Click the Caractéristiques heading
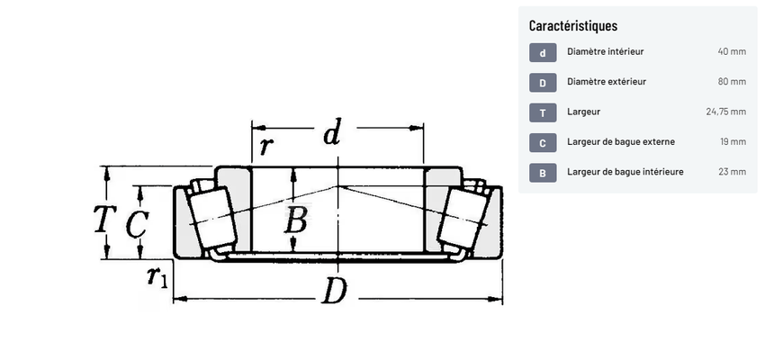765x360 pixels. [572, 25]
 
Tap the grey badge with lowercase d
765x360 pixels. [543, 53]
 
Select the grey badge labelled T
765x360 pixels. [543, 113]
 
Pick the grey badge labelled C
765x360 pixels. [543, 143]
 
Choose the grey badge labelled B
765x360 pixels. [543, 173]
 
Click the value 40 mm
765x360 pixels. [732, 51]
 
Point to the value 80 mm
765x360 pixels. [732, 82]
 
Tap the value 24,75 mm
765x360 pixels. [726, 112]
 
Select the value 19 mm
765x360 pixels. [733, 142]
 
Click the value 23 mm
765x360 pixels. [733, 172]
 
